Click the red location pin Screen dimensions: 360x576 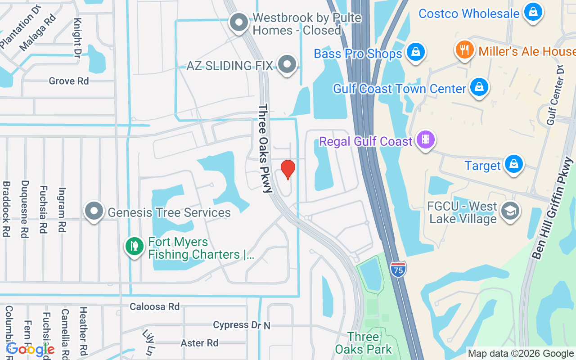288,169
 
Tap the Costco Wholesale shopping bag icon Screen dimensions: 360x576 533,12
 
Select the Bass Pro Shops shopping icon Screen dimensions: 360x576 416,52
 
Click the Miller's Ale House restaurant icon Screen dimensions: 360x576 465,50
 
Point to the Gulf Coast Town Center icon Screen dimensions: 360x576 479,87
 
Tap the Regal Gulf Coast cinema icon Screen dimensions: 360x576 426,140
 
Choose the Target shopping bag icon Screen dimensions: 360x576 513,165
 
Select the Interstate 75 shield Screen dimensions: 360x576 398,269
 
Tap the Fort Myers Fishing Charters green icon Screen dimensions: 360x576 134,246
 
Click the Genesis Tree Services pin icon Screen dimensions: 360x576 94,211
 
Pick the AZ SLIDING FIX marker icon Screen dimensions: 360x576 287,65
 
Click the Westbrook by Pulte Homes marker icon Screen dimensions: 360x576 239,22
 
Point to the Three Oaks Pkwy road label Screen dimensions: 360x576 265,148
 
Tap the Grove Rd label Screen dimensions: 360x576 69,81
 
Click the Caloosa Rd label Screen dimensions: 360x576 154,306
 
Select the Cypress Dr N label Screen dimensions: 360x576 241,325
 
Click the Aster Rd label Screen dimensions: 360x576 199,343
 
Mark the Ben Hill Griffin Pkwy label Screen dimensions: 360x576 553,208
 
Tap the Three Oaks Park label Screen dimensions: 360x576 363,343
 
